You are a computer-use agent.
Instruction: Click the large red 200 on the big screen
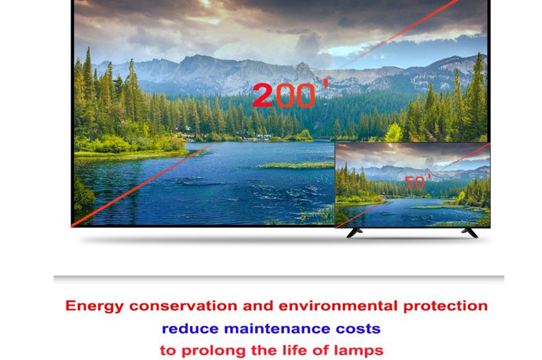(283, 95)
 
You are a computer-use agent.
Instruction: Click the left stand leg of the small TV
(355, 232)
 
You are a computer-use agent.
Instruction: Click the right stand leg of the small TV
(469, 232)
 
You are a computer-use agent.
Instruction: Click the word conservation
(184, 306)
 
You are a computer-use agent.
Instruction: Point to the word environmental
(338, 306)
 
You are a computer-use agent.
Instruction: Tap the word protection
(445, 306)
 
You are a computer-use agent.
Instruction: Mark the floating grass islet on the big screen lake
(295, 165)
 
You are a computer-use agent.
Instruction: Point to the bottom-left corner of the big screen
(73, 224)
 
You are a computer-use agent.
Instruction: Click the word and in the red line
(258, 306)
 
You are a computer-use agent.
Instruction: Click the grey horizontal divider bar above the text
(279, 279)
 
